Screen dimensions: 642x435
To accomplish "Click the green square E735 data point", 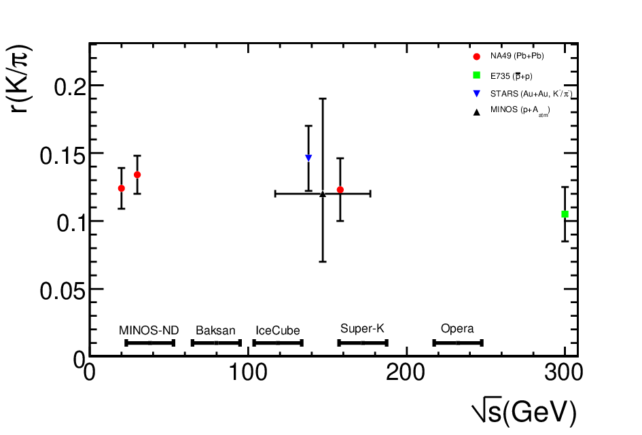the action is pyautogui.click(x=565, y=214).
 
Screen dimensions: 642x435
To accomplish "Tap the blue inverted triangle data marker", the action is pyautogui.click(x=308, y=158).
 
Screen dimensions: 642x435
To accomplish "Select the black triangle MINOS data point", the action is pyautogui.click(x=323, y=194).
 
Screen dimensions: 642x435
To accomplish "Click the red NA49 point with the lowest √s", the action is pyautogui.click(x=121, y=188).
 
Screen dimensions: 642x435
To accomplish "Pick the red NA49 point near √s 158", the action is pyautogui.click(x=340, y=190).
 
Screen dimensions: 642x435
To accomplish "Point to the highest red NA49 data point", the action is pyautogui.click(x=137, y=175).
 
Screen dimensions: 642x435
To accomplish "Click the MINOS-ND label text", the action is pyautogui.click(x=149, y=330).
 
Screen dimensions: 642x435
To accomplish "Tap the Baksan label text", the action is pyautogui.click(x=215, y=330).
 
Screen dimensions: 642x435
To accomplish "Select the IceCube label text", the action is pyautogui.click(x=278, y=330).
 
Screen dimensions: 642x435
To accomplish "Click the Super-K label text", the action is pyautogui.click(x=362, y=328).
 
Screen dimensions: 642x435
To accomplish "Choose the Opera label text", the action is pyautogui.click(x=457, y=328).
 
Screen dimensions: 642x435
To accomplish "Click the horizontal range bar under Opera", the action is pyautogui.click(x=458, y=343).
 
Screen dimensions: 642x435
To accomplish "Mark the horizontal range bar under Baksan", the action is pyautogui.click(x=216, y=343).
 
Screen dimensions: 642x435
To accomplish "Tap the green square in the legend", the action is pyautogui.click(x=477, y=75).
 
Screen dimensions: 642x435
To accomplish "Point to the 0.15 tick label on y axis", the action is pyautogui.click(x=63, y=156).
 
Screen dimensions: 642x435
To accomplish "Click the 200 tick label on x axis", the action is pyautogui.click(x=406, y=372).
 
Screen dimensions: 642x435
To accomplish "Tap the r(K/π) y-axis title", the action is pyautogui.click(x=19, y=78).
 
